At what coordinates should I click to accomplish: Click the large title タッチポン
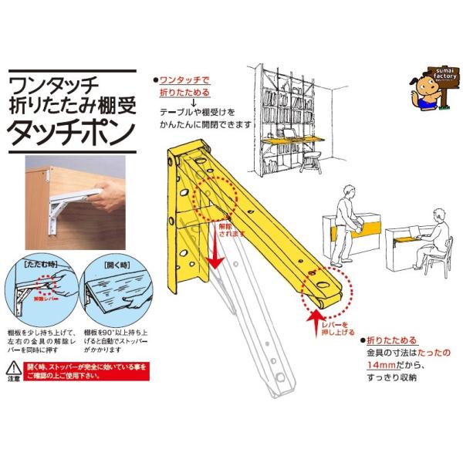pyautogui.click(x=69, y=132)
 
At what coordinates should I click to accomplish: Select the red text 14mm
pyautogui.click(x=384, y=365)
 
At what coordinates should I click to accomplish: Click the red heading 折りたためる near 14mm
pyautogui.click(x=396, y=340)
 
